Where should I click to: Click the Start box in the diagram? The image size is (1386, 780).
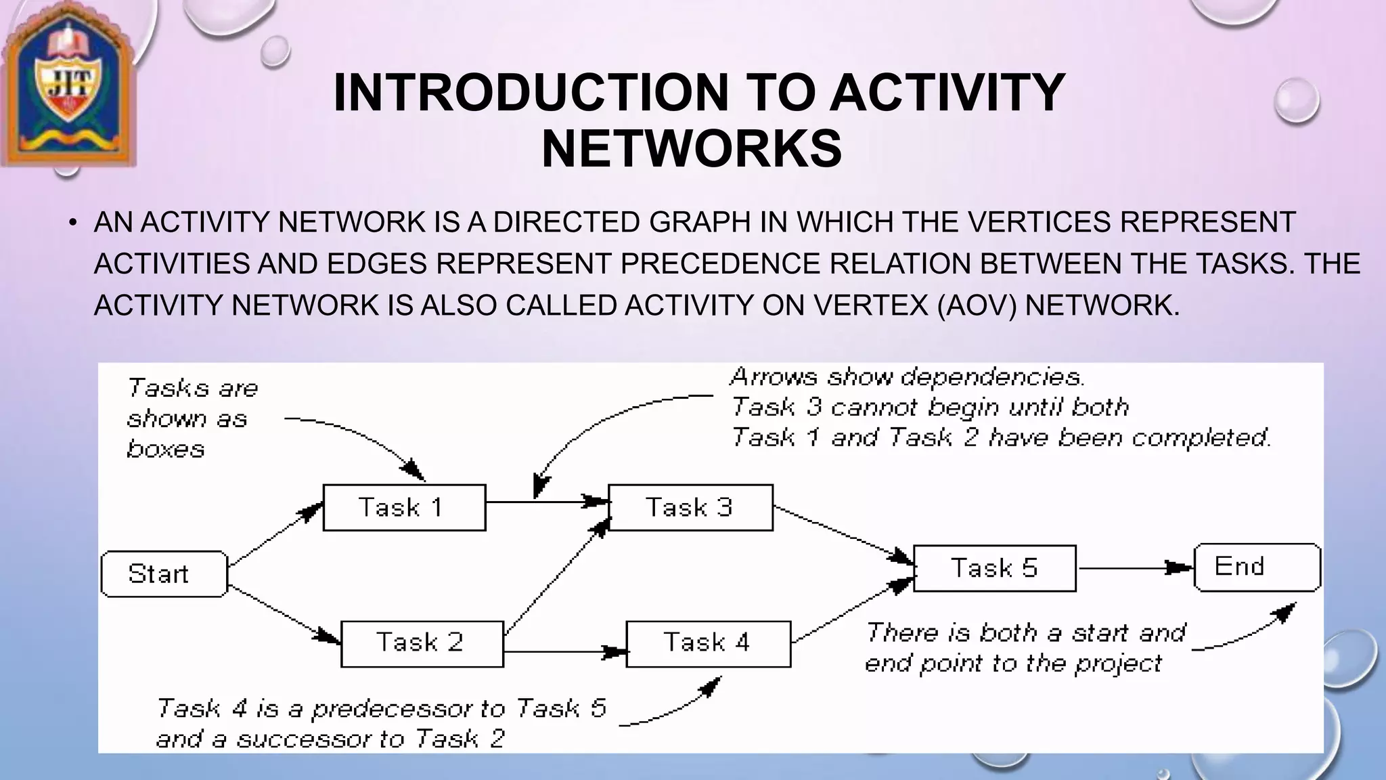164,574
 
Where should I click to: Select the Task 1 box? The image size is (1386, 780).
404,508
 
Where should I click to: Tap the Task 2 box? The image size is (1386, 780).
422,643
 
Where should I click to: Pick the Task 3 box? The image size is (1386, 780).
690,508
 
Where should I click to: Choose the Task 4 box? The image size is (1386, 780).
708,643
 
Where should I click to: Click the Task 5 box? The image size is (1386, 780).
994,568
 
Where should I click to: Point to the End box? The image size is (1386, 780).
1257,567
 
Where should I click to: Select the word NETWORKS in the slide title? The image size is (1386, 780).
692,149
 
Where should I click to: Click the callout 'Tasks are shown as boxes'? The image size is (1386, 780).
192,418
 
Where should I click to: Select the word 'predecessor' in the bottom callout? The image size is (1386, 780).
393,709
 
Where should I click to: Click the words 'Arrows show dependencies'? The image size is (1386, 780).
907,377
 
